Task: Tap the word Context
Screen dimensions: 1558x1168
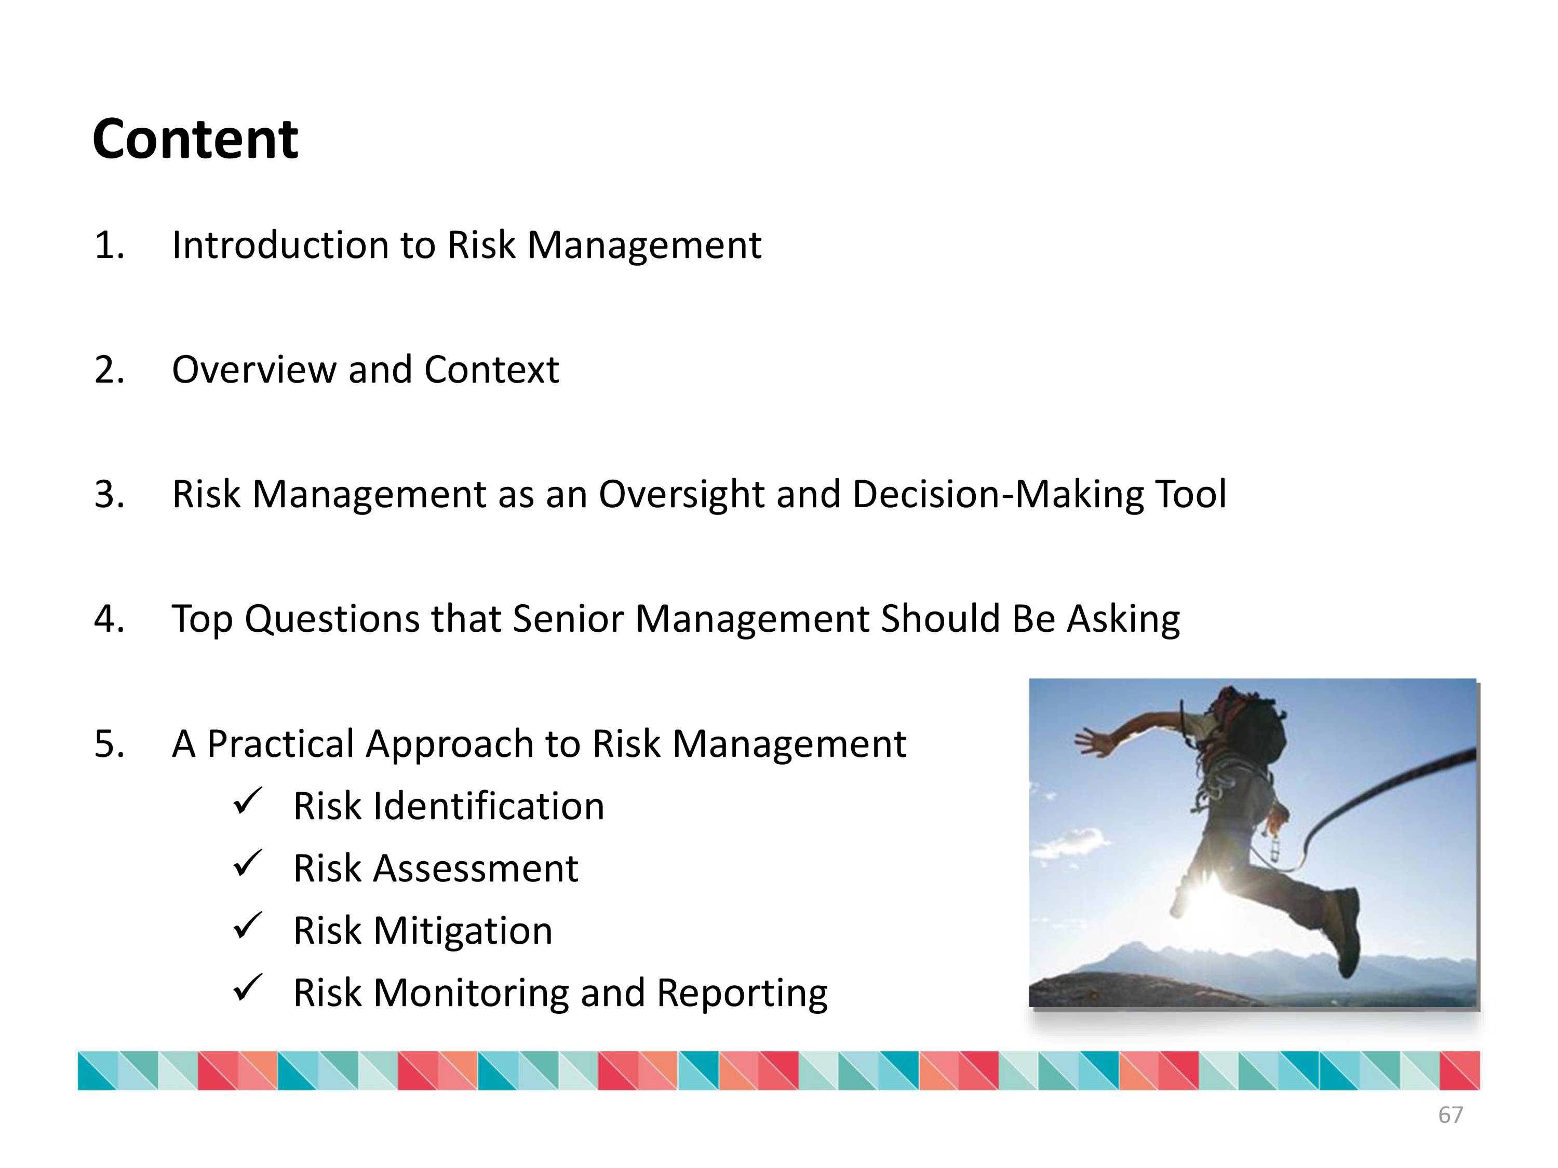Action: click(492, 370)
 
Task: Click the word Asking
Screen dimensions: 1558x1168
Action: click(1123, 619)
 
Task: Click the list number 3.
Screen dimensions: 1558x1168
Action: click(109, 494)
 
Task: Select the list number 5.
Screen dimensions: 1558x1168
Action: click(109, 744)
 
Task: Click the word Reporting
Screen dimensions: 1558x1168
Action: click(742, 994)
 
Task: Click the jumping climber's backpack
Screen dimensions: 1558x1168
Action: click(1257, 725)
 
